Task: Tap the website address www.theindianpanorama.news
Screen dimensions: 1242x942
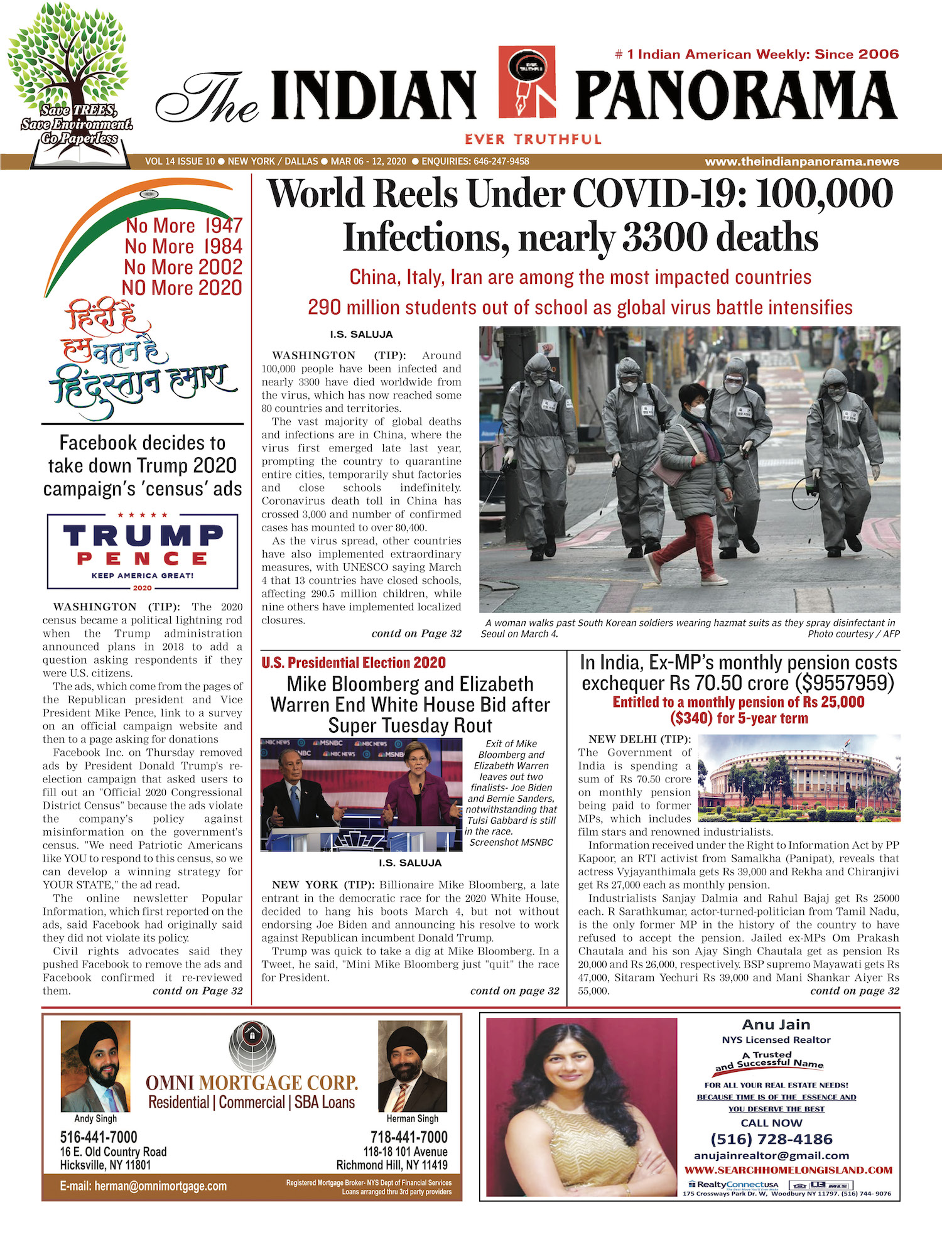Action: click(x=801, y=161)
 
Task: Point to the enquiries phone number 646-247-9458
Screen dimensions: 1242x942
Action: click(x=501, y=161)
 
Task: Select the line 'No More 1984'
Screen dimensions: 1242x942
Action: click(x=183, y=246)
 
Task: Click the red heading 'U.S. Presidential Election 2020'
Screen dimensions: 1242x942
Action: click(x=354, y=662)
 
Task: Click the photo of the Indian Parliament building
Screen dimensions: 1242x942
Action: click(x=799, y=778)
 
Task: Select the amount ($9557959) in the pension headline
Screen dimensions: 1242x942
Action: click(x=844, y=683)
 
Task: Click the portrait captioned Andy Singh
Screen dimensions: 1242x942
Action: click(x=95, y=1066)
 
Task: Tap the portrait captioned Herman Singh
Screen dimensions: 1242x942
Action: click(x=412, y=1066)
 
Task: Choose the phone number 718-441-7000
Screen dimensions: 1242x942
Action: click(x=409, y=1137)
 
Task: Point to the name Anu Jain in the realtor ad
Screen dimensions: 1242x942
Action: click(x=776, y=1025)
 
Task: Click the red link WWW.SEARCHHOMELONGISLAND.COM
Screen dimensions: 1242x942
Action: click(x=788, y=1170)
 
